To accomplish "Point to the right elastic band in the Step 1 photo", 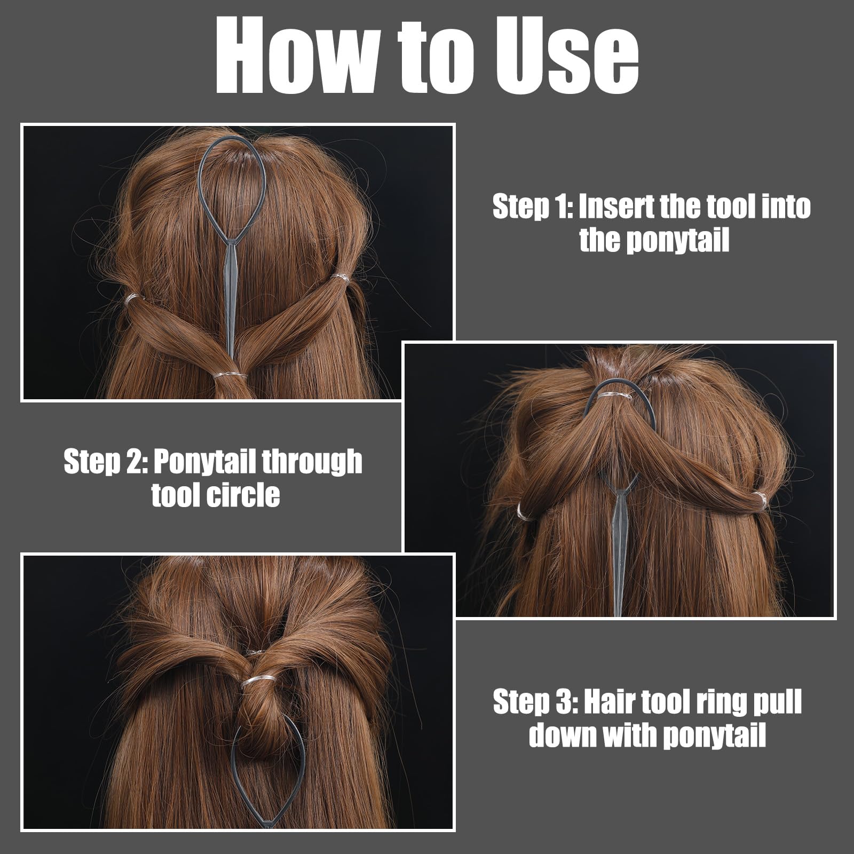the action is pyautogui.click(x=340, y=278).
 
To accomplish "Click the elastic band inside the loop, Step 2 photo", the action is pyautogui.click(x=614, y=396).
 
